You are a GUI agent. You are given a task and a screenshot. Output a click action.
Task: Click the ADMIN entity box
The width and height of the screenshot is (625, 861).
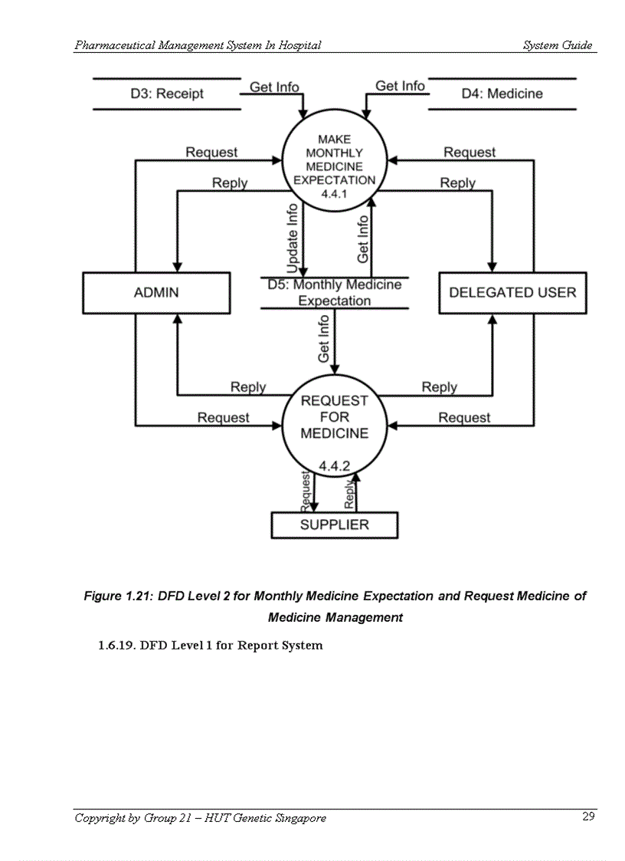pos(155,292)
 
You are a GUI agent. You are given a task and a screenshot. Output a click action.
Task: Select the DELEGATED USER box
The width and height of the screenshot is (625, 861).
pos(512,292)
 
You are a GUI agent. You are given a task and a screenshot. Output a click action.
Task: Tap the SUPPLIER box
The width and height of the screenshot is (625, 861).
pos(334,525)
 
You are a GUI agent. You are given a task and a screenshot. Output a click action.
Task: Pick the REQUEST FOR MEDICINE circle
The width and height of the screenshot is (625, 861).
pos(334,418)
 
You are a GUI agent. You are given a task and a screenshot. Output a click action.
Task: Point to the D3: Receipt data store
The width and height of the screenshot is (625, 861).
pos(167,94)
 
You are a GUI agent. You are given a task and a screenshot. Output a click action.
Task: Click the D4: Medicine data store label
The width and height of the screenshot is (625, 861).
pos(502,94)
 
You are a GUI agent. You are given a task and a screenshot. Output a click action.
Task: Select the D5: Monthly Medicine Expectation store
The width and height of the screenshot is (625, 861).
pos(334,293)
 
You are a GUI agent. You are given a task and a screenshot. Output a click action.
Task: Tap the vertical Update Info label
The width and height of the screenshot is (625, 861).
pos(292,238)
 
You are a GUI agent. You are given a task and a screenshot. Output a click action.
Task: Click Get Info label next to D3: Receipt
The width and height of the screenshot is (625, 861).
pos(274,87)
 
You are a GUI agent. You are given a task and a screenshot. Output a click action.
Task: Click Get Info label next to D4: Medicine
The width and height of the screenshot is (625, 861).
pos(400,86)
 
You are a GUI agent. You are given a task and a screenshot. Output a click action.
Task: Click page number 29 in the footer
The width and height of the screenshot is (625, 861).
pos(587,817)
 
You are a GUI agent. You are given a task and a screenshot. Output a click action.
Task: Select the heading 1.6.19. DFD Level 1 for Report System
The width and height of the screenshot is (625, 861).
pos(211,645)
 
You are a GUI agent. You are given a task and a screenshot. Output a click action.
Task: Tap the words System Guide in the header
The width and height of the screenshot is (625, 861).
pos(557,45)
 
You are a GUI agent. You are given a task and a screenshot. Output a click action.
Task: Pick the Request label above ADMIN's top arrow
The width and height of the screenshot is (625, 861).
pos(211,153)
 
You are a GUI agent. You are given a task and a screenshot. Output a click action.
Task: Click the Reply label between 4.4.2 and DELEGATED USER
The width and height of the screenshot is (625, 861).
pos(439,387)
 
